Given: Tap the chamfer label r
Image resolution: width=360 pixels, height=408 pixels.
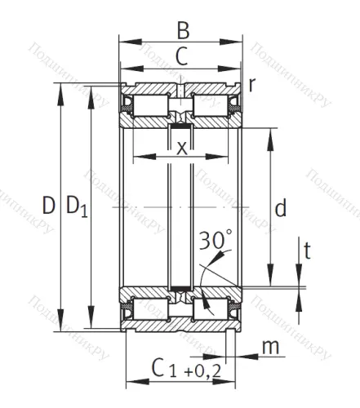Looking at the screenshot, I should [x=253, y=84].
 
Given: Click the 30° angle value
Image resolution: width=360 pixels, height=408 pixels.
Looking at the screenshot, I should [x=216, y=242].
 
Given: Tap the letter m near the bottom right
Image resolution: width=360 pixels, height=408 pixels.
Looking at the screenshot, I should [x=269, y=348].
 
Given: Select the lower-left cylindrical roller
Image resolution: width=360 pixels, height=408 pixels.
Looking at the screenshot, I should [x=150, y=310].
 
